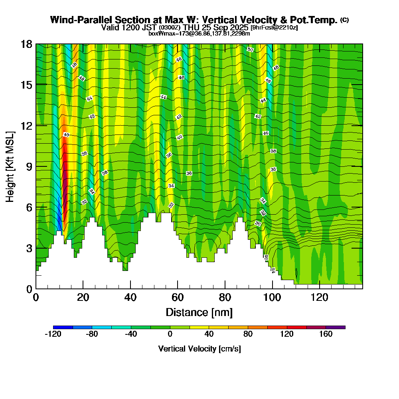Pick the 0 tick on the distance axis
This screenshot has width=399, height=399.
coord(36,297)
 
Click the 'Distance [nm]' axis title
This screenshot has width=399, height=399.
coord(199,312)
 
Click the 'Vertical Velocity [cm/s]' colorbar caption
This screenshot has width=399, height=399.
coord(199,349)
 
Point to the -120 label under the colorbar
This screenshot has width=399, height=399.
coord(53,334)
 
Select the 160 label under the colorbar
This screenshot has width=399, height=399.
coord(326,334)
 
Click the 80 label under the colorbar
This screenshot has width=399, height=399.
coord(248,334)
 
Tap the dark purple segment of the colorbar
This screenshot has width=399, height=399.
coord(336,327)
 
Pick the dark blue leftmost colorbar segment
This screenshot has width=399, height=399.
coord(63,327)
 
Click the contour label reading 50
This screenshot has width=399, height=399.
coord(250,49)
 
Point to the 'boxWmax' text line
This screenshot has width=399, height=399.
coord(199,34)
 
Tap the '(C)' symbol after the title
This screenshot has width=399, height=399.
coord(345,20)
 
